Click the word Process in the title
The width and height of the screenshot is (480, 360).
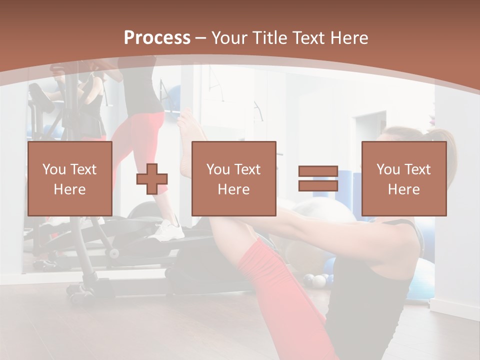(157, 38)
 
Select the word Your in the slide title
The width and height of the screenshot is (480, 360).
(228, 38)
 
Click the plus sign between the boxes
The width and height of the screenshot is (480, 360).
(152, 178)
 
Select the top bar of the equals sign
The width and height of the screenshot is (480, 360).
(318, 171)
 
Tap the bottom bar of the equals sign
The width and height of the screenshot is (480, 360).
(318, 186)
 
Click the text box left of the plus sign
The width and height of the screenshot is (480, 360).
(70, 178)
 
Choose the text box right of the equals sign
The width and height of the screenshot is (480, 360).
(404, 178)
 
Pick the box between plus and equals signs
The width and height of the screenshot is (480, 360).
(234, 178)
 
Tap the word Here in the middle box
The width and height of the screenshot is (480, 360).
(234, 189)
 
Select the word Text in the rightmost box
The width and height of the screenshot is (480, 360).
(418, 169)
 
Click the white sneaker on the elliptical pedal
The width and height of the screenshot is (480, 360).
(169, 231)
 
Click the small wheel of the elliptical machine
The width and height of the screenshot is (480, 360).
(114, 253)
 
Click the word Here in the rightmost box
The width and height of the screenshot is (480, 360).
(404, 189)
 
